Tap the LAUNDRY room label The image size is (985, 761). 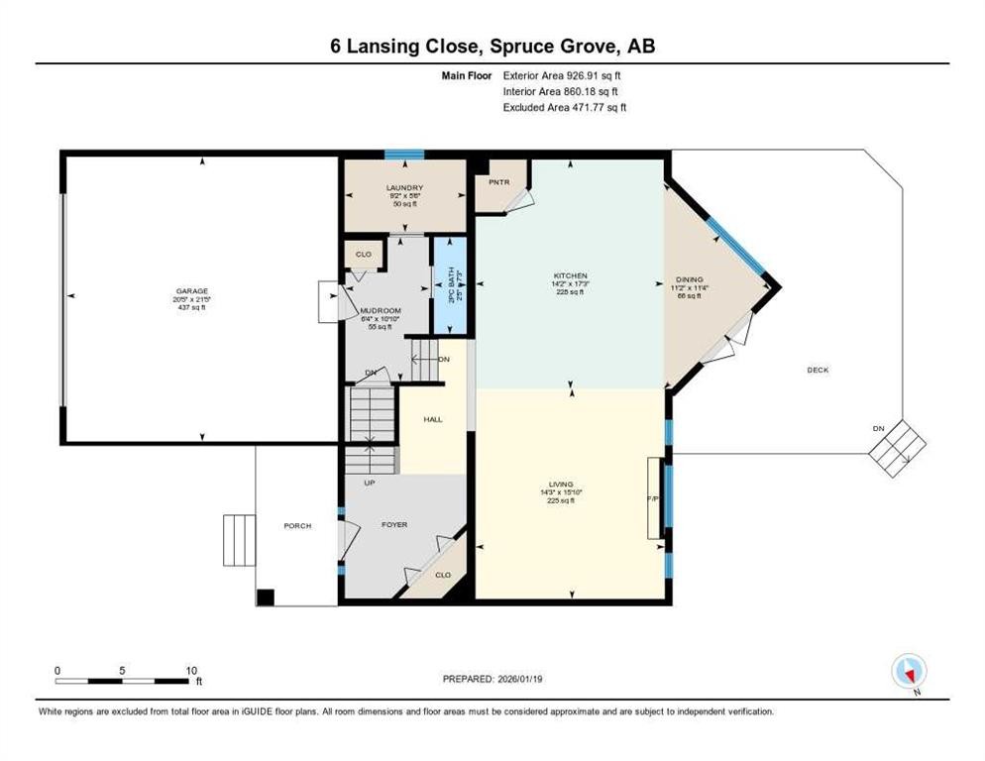click(404, 188)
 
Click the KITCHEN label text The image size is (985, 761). click(571, 275)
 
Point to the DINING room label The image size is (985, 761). click(689, 279)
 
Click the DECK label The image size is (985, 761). click(818, 370)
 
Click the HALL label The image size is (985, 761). click(433, 419)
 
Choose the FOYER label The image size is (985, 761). click(394, 524)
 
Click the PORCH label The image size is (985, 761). click(298, 525)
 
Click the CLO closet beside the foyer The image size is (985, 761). click(442, 574)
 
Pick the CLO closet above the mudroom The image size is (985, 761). click(364, 255)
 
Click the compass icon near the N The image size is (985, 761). click(908, 671)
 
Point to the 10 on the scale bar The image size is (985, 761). click(192, 670)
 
